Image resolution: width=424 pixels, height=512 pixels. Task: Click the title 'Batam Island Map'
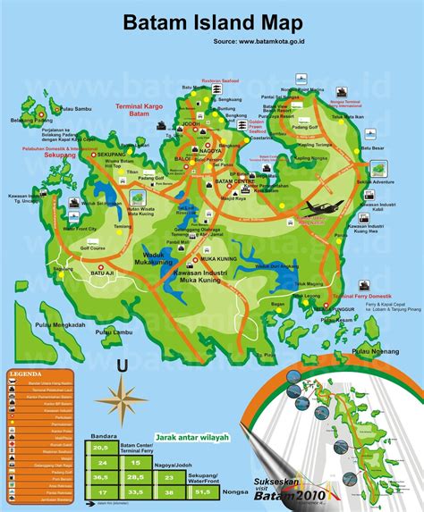(x=214, y=21)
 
